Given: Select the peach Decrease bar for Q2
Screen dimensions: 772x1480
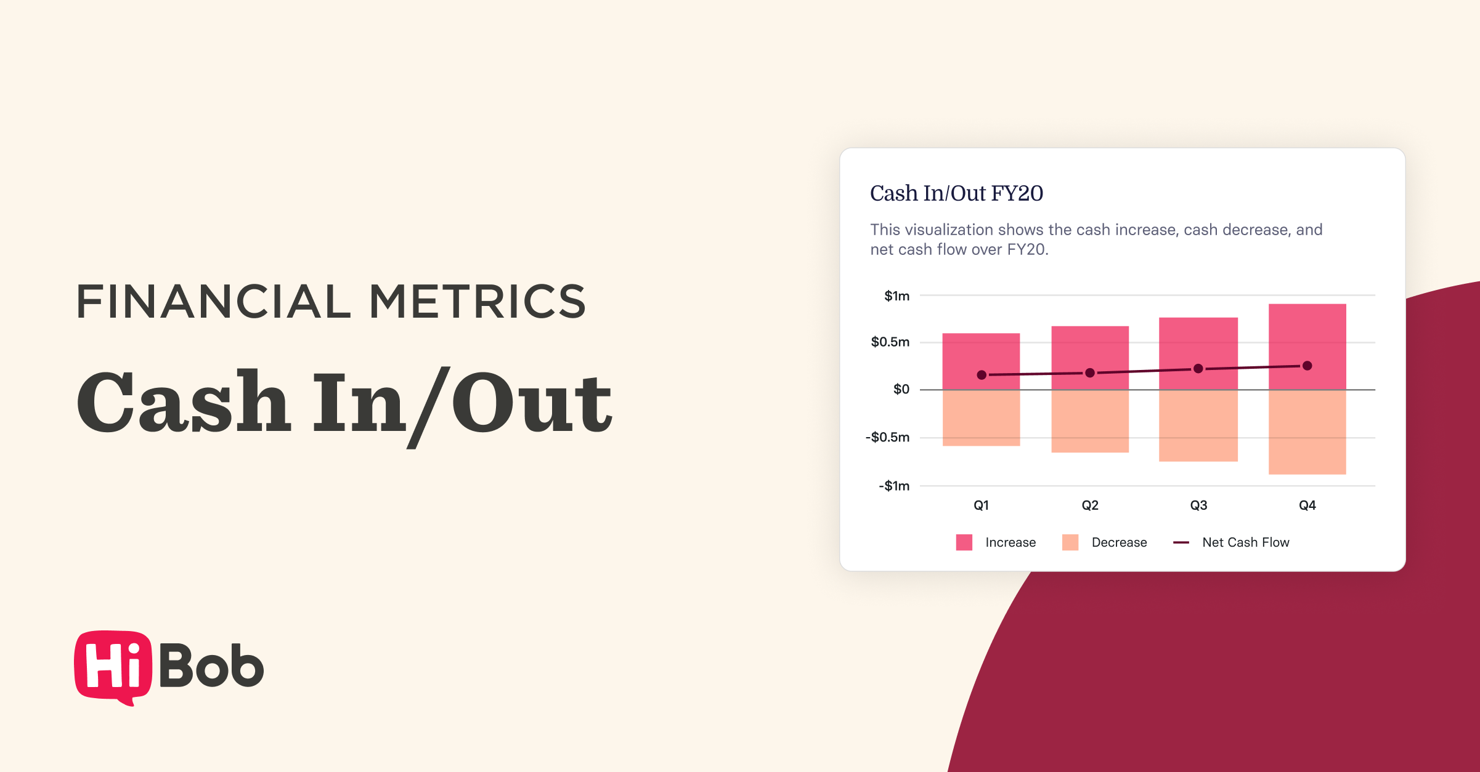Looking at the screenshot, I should [1089, 422].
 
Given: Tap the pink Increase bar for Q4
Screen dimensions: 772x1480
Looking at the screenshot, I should [1307, 332].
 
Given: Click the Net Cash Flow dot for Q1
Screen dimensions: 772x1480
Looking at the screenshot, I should [982, 375].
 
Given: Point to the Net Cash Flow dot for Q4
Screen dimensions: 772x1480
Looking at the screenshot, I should [1307, 366].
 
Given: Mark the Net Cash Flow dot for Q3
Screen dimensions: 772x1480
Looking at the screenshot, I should [1198, 369].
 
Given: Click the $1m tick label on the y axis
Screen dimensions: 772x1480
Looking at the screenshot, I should [897, 296].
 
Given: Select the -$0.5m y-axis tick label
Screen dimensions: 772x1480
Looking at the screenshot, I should [887, 438].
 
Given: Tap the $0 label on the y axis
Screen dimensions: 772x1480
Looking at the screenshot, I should [901, 389].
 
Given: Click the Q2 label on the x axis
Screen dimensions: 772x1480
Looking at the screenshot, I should [1089, 505].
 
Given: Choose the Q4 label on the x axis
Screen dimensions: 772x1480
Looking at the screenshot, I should [1307, 505].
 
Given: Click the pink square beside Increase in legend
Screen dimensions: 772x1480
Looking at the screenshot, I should [964, 542].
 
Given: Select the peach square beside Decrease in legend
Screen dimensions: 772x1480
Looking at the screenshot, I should [1070, 542].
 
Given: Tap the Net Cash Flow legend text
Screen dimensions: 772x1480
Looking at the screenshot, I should [1245, 542].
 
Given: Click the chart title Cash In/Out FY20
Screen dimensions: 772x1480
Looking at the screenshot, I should [956, 193].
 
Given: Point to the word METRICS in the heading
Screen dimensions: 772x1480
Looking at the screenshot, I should [478, 302].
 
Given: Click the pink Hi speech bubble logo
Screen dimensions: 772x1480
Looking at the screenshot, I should [113, 667].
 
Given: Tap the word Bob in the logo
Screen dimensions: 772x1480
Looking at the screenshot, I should [211, 665].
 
